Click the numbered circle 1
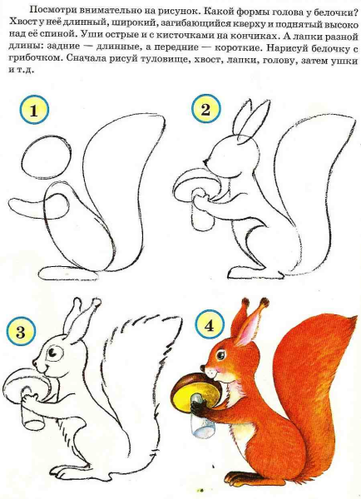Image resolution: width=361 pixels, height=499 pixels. [x=33, y=111]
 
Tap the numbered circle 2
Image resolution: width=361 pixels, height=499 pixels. [x=205, y=109]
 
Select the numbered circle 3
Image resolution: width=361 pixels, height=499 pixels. [x=20, y=333]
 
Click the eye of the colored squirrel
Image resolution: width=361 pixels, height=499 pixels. [x=220, y=354]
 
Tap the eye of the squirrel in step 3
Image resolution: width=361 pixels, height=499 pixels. [x=53, y=353]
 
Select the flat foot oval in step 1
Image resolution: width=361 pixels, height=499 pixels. [x=69, y=274]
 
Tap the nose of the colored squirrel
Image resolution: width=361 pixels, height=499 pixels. [x=203, y=368]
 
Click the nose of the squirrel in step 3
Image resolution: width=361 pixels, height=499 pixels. [x=34, y=363]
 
